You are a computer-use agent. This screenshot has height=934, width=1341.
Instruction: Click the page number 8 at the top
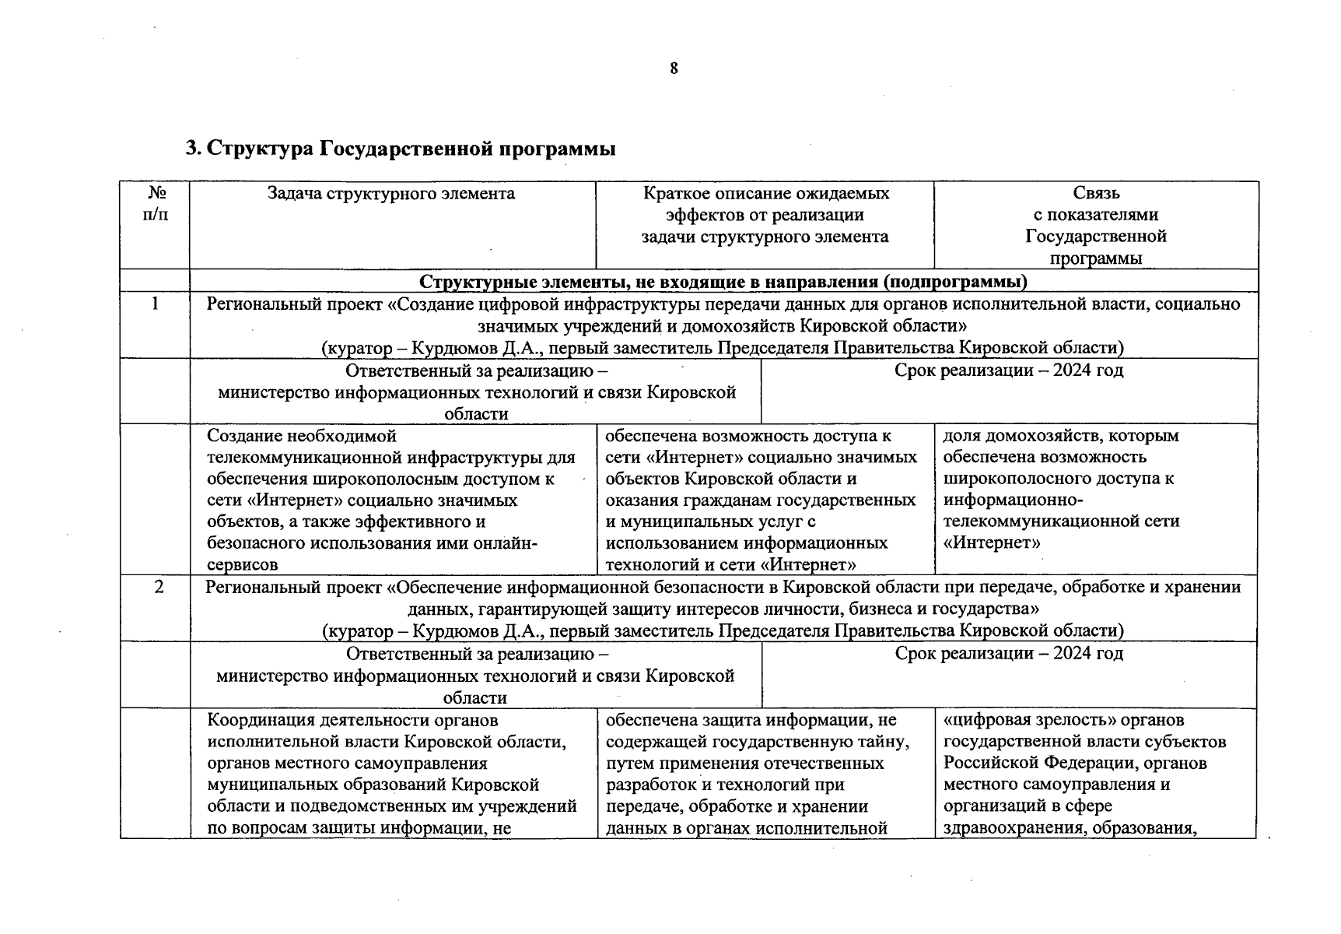pos(674,68)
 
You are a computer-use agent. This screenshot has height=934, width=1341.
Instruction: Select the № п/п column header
pos(156,203)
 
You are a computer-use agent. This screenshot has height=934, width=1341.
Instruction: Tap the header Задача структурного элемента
pos(391,193)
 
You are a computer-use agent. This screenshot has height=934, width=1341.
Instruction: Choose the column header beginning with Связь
pos(1096,225)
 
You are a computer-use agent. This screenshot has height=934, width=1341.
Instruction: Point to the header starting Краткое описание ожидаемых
pos(765,215)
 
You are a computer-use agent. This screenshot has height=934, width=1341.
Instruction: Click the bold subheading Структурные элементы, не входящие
pos(723,281)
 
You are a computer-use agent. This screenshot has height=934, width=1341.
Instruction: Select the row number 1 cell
pos(156,304)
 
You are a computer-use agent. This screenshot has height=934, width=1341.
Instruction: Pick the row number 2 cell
pos(159,587)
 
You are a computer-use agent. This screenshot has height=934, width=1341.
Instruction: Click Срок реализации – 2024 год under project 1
pos(1009,370)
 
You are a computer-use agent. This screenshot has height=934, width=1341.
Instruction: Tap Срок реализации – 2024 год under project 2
pos(1009,654)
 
